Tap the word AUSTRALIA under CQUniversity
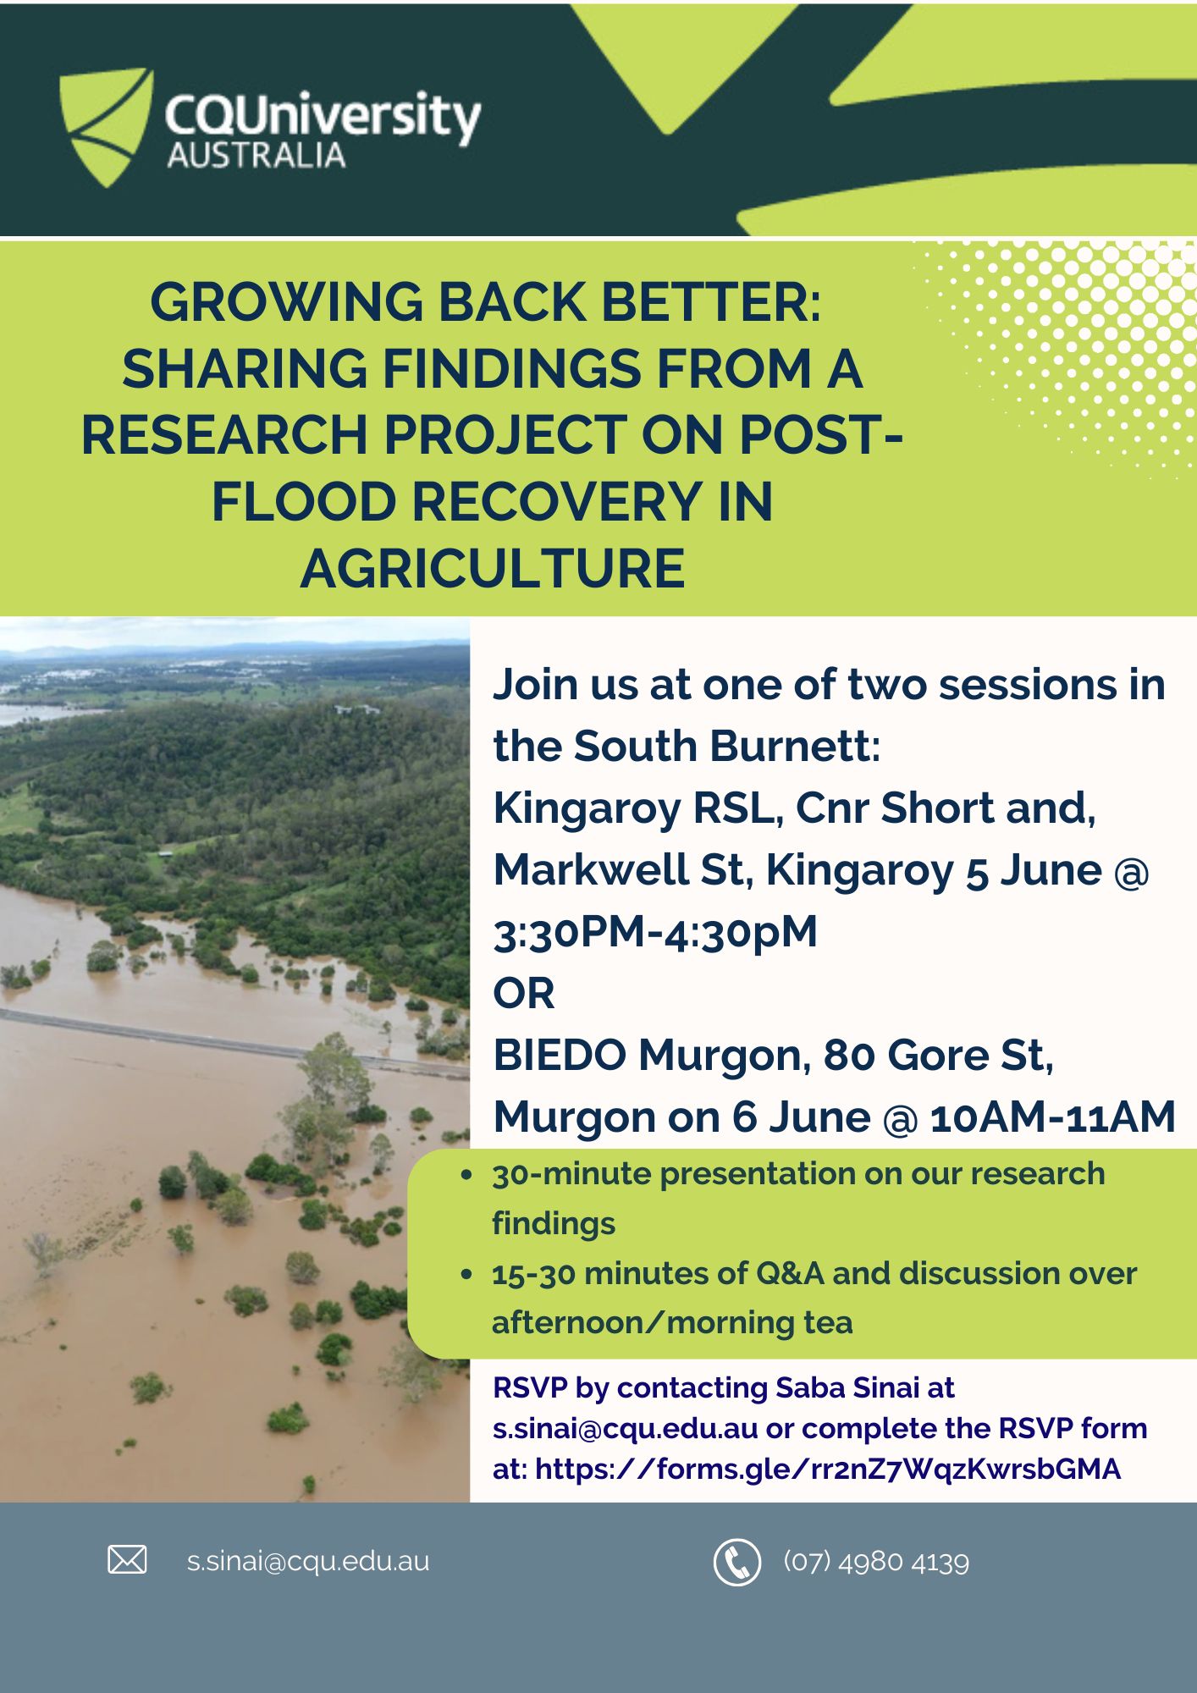click(x=256, y=156)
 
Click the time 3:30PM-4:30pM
click(x=655, y=931)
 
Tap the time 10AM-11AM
click(x=1053, y=1117)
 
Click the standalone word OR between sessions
click(x=524, y=993)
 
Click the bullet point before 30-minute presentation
click(x=466, y=1175)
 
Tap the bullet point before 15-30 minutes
click(x=466, y=1274)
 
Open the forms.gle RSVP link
click(x=828, y=1469)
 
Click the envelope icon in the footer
click(x=127, y=1559)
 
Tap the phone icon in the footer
click(x=737, y=1562)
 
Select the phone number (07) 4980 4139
click(x=876, y=1561)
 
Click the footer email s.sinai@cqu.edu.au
click(x=308, y=1562)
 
